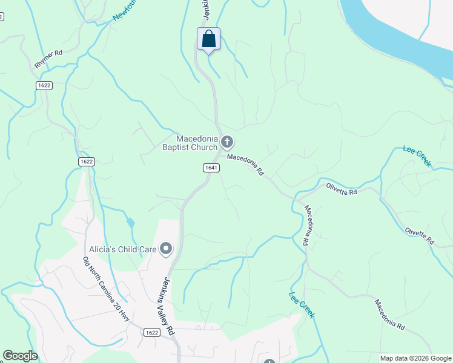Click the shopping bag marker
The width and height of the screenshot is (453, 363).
tap(208, 40)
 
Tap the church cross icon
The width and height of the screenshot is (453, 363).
tap(227, 143)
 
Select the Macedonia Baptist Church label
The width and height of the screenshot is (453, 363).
tap(190, 143)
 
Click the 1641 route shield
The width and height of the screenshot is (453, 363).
tap(211, 168)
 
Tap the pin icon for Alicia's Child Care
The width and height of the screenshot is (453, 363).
tap(166, 249)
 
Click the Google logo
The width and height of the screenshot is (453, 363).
tap(19, 356)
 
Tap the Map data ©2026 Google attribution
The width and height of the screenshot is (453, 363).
tap(415, 358)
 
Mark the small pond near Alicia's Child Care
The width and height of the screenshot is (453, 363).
tap(131, 223)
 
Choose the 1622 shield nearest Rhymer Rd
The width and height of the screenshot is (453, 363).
tap(44, 85)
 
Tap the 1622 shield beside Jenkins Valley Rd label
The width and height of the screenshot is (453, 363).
tap(153, 332)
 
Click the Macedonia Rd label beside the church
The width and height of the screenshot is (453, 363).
tap(246, 164)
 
